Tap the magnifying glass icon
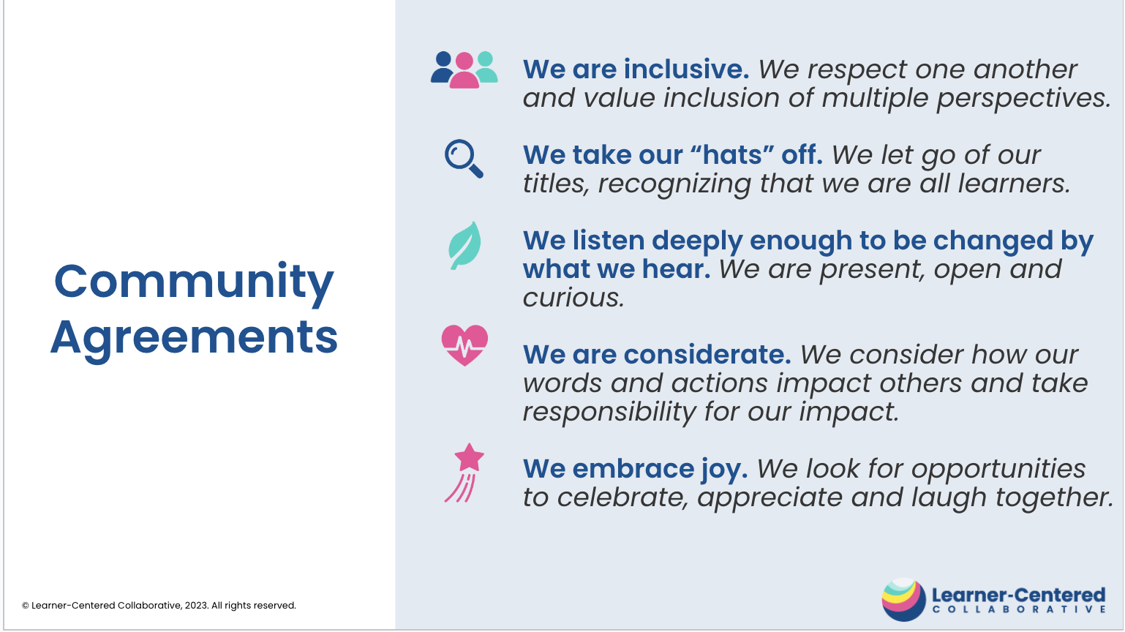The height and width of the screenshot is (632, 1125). click(464, 158)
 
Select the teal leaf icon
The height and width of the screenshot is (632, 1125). click(464, 246)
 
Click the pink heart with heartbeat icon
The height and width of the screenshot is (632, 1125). click(464, 345)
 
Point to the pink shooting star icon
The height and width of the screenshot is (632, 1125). click(464, 473)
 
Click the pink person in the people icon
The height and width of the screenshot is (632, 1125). click(464, 70)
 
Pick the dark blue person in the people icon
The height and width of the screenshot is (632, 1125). click(442, 67)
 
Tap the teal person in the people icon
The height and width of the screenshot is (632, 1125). click(486, 67)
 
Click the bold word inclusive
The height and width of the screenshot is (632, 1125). click(686, 69)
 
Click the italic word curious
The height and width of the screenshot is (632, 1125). click(573, 298)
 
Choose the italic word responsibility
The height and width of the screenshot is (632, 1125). click(609, 413)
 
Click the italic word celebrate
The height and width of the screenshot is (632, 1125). click(622, 497)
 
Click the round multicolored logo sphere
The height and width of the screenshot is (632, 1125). click(903, 599)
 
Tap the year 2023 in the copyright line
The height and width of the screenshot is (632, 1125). click(195, 606)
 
